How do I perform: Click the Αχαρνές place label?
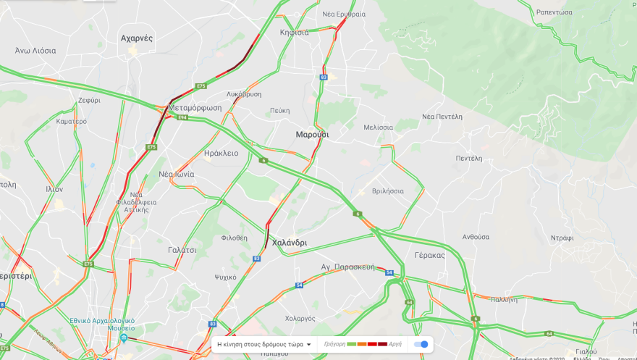[x=137, y=38]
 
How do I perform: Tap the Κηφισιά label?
[x=295, y=32]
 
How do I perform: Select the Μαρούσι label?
[x=312, y=135]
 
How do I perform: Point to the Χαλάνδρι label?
[x=289, y=243]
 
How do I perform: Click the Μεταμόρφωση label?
[x=194, y=108]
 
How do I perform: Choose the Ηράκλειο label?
[x=221, y=153]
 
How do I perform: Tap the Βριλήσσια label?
[x=387, y=191]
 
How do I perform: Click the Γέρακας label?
[x=430, y=255]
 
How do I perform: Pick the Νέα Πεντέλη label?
[x=442, y=117]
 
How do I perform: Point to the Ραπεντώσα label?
[x=554, y=12]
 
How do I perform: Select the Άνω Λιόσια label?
[x=35, y=51]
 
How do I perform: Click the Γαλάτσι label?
[x=182, y=250]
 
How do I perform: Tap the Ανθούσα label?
[x=476, y=237]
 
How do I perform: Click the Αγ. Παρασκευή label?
[x=348, y=267]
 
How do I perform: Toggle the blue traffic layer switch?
[x=421, y=344]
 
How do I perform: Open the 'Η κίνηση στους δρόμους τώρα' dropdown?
[x=265, y=344]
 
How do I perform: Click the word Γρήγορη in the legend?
[x=334, y=344]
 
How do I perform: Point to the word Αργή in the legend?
[x=395, y=344]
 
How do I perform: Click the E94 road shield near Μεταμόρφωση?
[x=182, y=117]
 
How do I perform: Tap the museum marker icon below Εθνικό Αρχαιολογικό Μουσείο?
[x=124, y=338]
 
